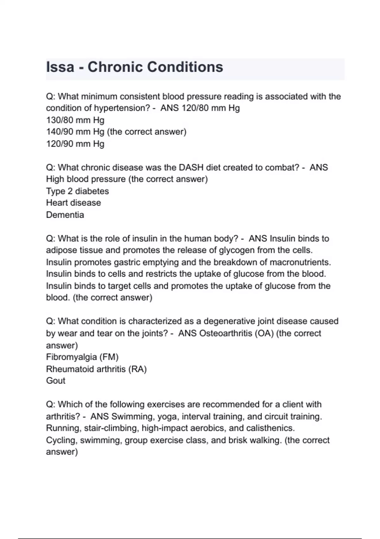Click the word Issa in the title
tap(60, 67)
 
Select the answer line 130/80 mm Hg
tap(75, 120)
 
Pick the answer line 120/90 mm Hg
tap(75, 144)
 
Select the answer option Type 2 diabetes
tap(78, 191)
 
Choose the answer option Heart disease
tap(73, 203)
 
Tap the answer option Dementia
tap(65, 215)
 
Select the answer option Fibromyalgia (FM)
tap(82, 357)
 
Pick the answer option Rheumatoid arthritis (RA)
tap(96, 369)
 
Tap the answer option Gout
tap(56, 381)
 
